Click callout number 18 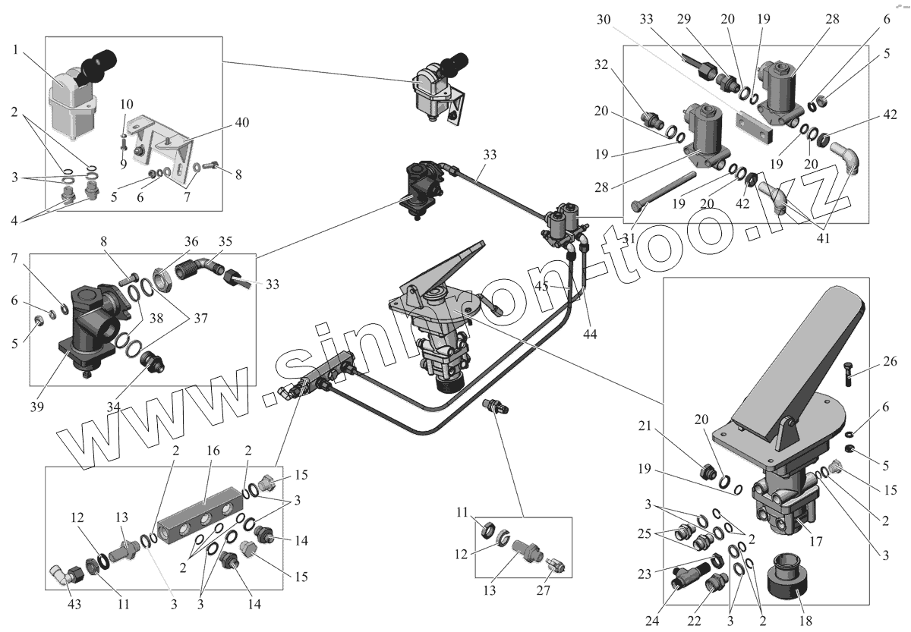pyautogui.click(x=805, y=620)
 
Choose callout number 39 pyautogui.click(x=37, y=407)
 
